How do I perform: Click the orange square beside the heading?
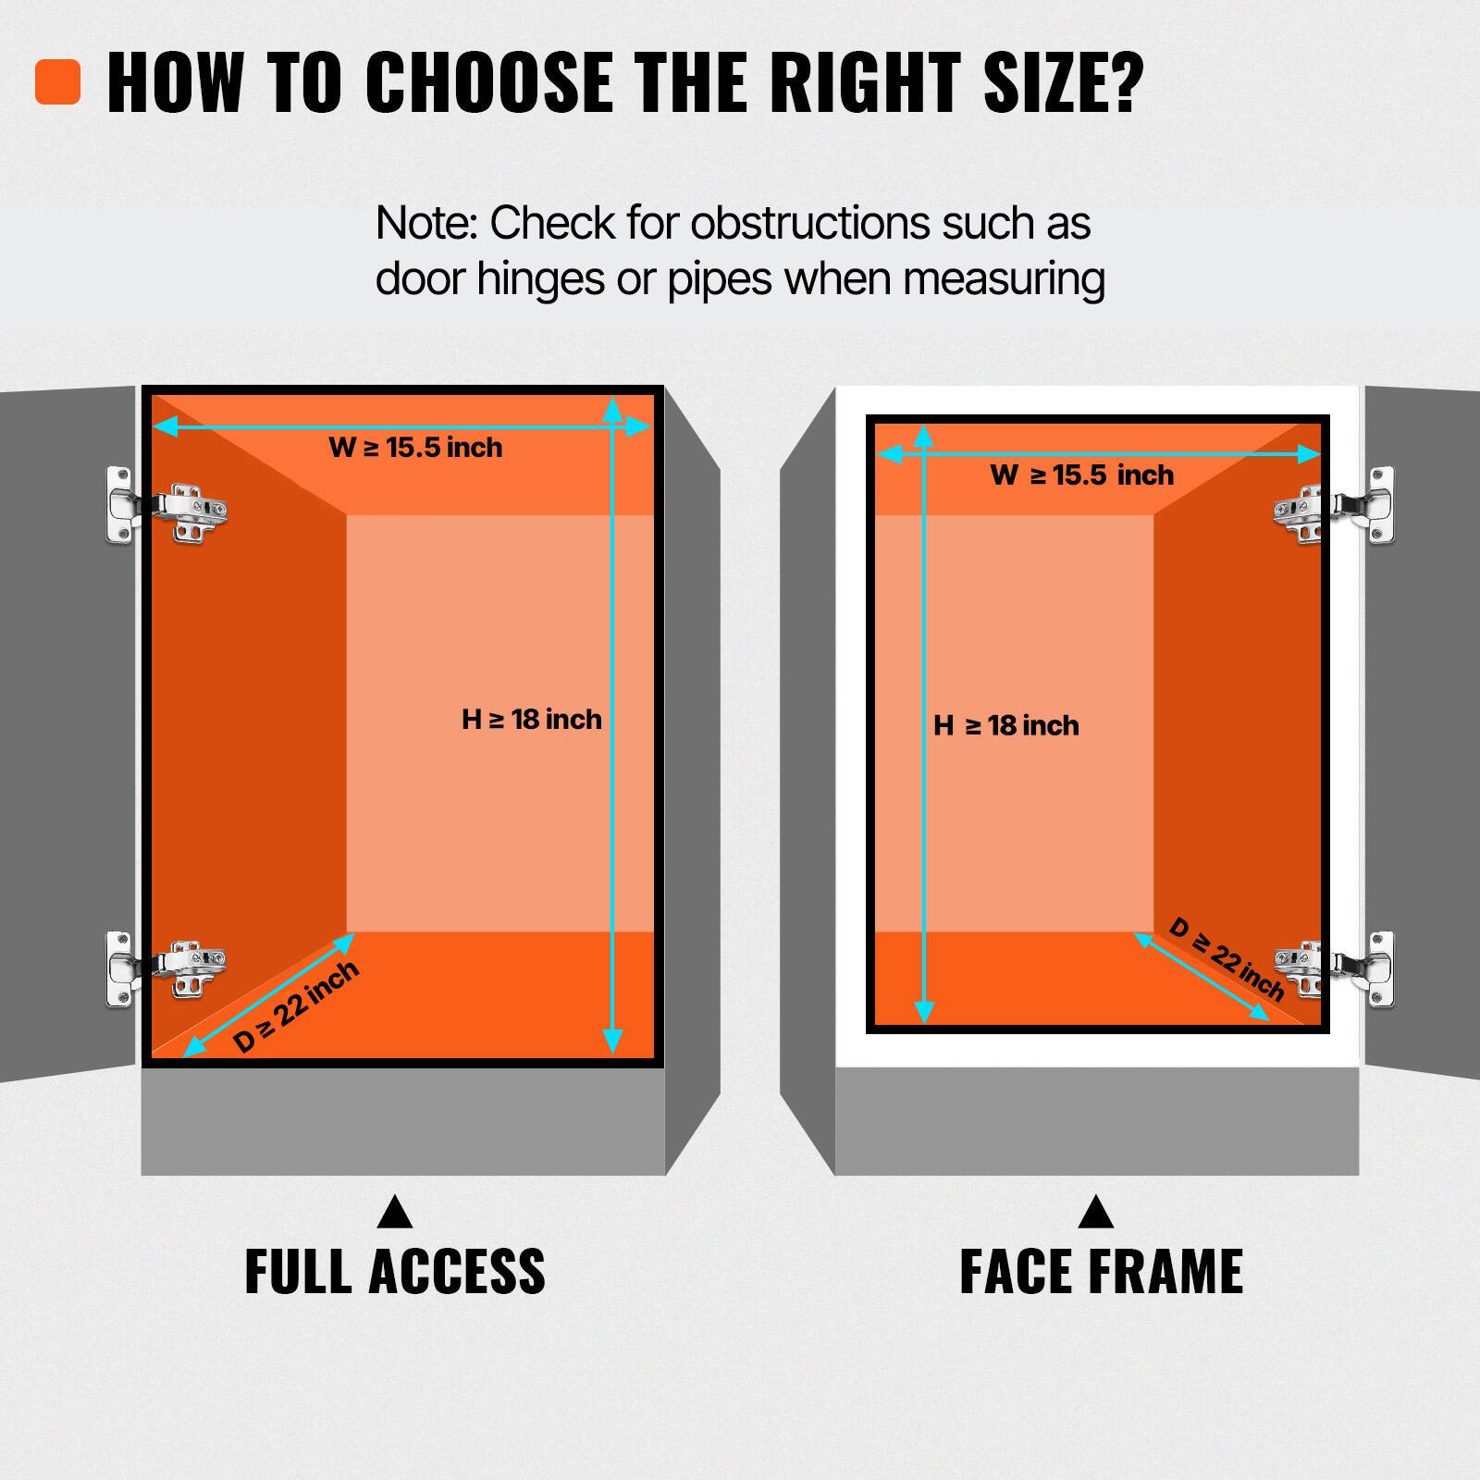pos(57,82)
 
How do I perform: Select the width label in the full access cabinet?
pos(415,448)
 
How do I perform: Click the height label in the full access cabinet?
pos(531,720)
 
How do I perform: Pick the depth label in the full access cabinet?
pos(296,1006)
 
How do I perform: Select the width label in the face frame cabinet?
pos(1081,475)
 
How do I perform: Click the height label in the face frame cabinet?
pos(1006,726)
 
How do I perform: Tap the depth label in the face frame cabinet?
pos(1227,959)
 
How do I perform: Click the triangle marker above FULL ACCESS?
pos(395,1214)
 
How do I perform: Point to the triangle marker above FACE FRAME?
pos(1096,1214)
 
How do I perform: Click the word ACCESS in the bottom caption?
pos(457,1272)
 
